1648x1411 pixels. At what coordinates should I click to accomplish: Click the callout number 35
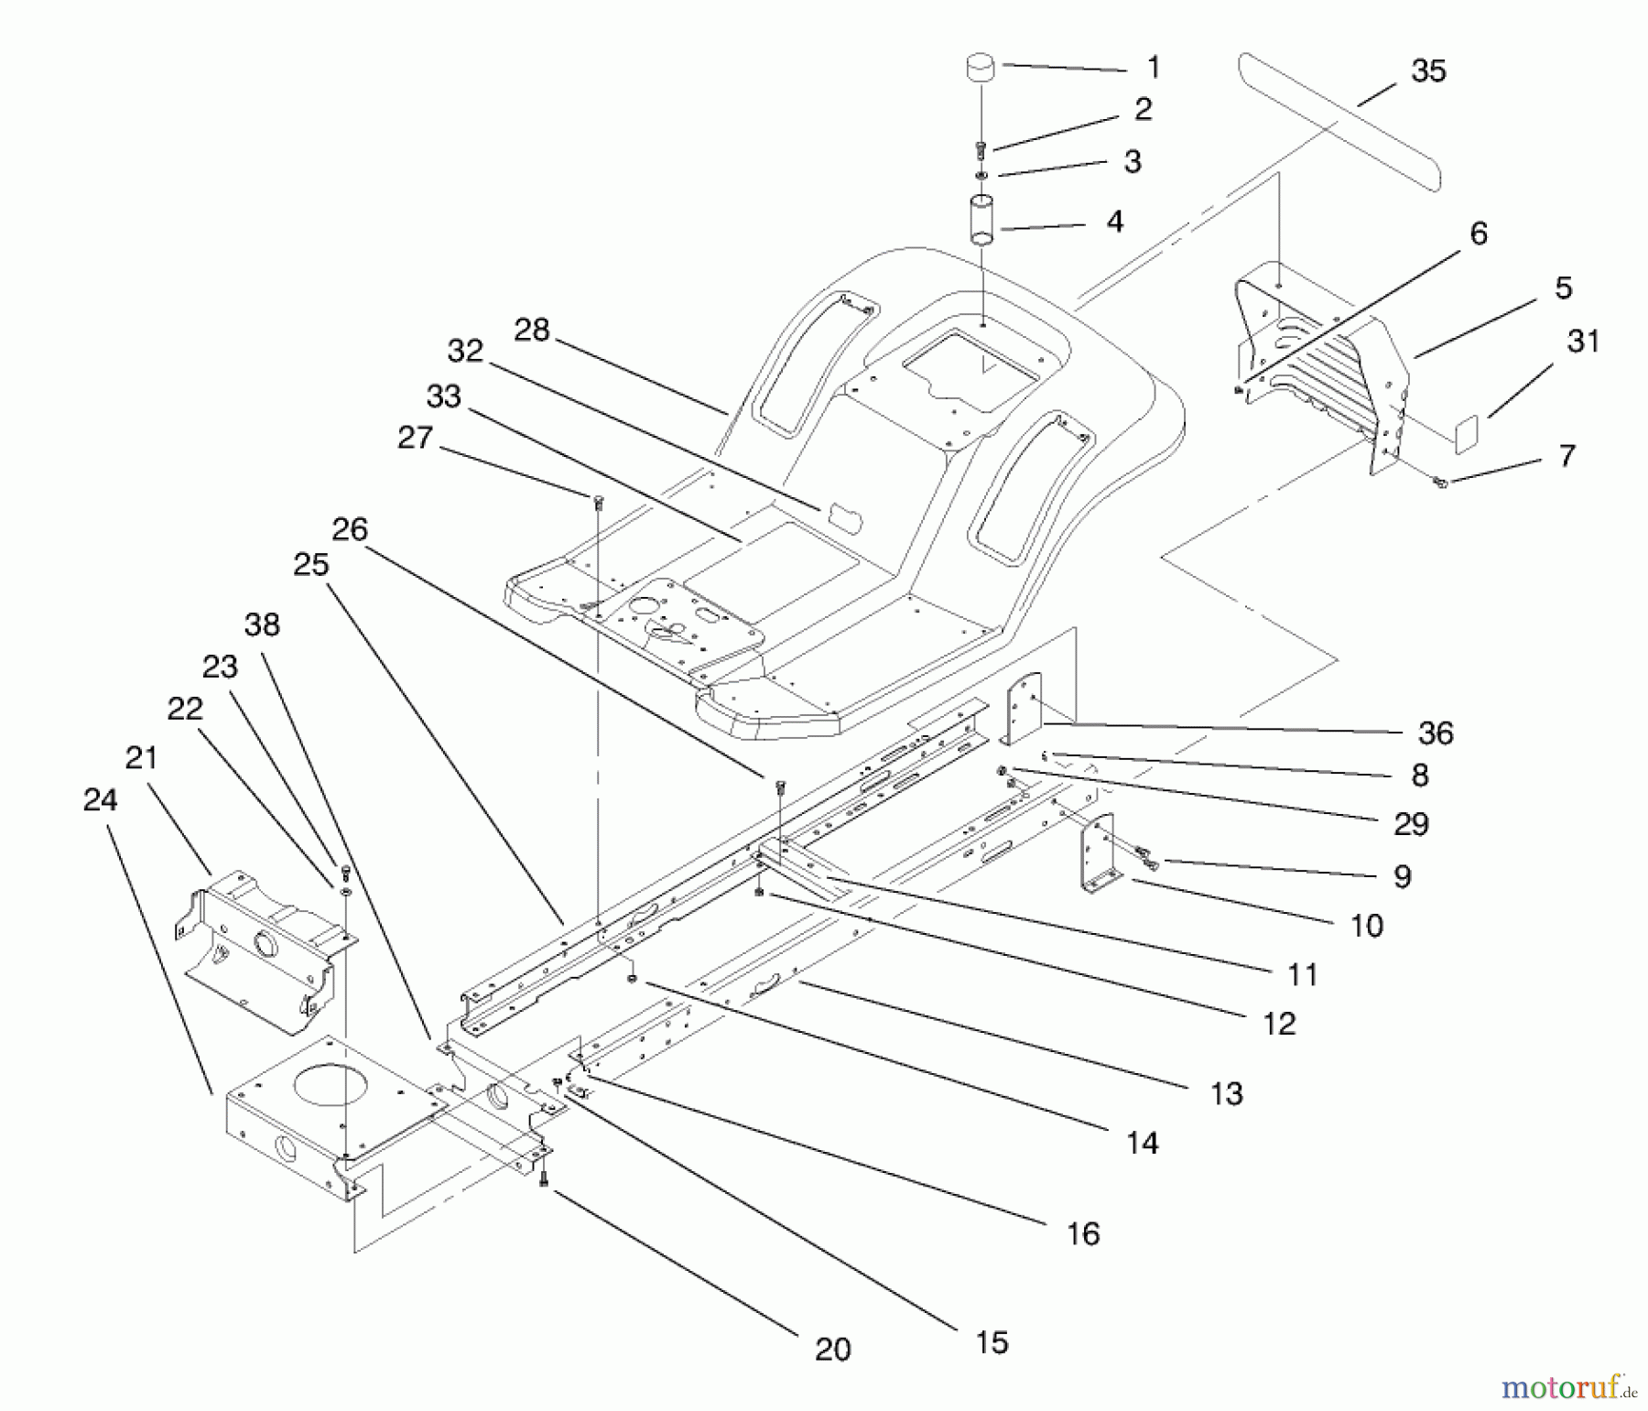[x=1428, y=71]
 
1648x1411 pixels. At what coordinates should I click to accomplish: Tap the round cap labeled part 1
[x=981, y=70]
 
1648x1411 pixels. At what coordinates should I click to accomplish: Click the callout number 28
[x=531, y=331]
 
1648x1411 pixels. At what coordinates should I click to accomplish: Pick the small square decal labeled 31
[x=1467, y=432]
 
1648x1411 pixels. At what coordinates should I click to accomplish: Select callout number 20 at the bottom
[x=832, y=1349]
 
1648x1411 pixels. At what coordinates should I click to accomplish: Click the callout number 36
[x=1436, y=733]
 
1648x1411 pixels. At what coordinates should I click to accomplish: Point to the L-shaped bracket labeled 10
[x=1099, y=856]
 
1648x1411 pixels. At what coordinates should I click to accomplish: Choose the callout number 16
[x=1083, y=1233]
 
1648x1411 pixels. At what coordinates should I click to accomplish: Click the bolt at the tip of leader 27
[x=597, y=500]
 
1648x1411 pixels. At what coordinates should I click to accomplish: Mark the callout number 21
[x=141, y=758]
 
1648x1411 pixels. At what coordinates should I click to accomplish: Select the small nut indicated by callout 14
[x=632, y=979]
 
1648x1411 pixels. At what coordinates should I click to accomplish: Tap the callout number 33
[x=443, y=396]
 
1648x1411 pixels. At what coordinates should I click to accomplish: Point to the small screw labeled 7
[x=1440, y=482]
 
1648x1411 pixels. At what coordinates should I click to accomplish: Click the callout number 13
[x=1227, y=1093]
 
